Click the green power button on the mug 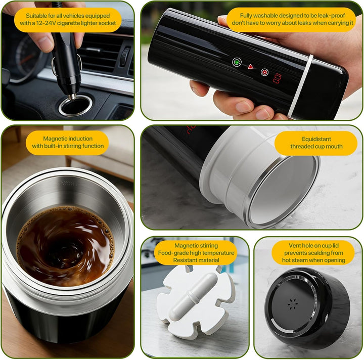tap(237, 62)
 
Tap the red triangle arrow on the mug tap(250, 67)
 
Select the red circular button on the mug tap(264, 72)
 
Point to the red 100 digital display tap(277, 78)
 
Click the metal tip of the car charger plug tap(72, 97)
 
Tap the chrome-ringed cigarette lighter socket tap(75, 106)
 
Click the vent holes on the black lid tap(293, 303)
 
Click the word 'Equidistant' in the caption tap(316, 139)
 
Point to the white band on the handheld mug tap(300, 86)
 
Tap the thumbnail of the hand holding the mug tap(251, 61)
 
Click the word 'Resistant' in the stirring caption tap(184, 260)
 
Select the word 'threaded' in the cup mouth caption tap(301, 146)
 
